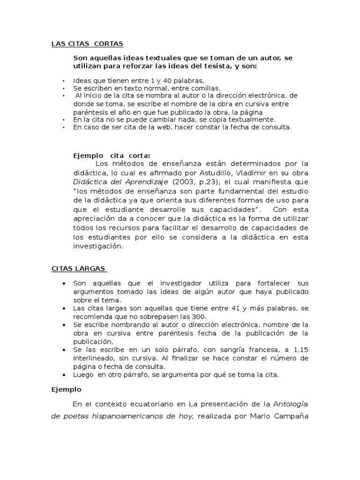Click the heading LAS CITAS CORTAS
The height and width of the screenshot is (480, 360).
[x=87, y=44]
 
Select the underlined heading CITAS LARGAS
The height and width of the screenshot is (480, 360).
[x=78, y=269]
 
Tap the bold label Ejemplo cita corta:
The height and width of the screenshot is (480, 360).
[x=112, y=156]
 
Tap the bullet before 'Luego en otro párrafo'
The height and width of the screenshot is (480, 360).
[x=64, y=375]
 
